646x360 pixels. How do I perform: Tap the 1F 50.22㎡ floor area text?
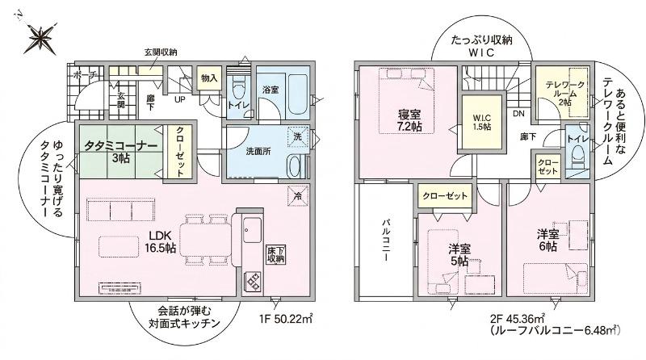(x=285, y=318)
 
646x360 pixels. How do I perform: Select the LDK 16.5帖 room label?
(x=160, y=241)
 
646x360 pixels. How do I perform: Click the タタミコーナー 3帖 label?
(x=120, y=152)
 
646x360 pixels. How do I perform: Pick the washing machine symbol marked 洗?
(x=298, y=136)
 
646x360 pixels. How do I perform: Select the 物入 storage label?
(x=209, y=77)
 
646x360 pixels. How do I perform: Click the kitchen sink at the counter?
(x=252, y=230)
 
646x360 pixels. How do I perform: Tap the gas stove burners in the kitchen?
(x=251, y=283)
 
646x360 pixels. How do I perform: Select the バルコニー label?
(x=386, y=241)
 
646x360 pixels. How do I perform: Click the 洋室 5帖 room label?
(x=459, y=254)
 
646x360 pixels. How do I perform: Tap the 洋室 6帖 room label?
(x=547, y=241)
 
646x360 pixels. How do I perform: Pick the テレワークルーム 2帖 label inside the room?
(x=564, y=94)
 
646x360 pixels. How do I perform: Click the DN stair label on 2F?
(x=518, y=113)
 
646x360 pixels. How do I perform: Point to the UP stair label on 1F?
(x=179, y=99)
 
